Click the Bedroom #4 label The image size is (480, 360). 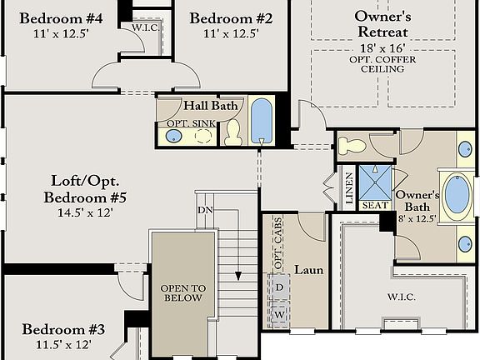pyautogui.click(x=61, y=18)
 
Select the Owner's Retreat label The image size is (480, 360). pyautogui.click(x=382, y=23)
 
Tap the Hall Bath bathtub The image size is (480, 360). pyautogui.click(x=261, y=122)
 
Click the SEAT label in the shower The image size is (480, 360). pyautogui.click(x=372, y=205)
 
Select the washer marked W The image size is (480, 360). pyautogui.click(x=280, y=316)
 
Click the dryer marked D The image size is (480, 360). pyautogui.click(x=280, y=287)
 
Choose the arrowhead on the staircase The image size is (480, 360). pyautogui.click(x=237, y=276)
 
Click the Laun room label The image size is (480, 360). pyautogui.click(x=309, y=270)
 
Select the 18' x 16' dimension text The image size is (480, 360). pyautogui.click(x=383, y=50)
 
